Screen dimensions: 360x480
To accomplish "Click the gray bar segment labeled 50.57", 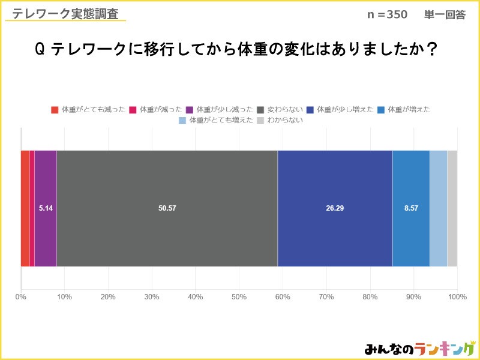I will [167, 208].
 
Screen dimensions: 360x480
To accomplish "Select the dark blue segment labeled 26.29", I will [335, 208].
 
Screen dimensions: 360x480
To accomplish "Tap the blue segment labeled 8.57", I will [411, 208].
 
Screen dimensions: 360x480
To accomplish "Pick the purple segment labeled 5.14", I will [46, 208].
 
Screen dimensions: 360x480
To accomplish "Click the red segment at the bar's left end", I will [25, 208].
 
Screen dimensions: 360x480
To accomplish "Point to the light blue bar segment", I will [438, 208].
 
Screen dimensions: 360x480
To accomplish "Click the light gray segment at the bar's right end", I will [452, 208].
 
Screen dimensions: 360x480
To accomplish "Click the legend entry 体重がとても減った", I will [88, 110].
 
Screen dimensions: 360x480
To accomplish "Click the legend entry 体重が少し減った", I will [219, 110].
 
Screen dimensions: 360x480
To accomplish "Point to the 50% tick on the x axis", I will [239, 296].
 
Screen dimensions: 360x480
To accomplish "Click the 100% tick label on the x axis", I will [457, 296].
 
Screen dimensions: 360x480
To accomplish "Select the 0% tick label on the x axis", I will [21, 296].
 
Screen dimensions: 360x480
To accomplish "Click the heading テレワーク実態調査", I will [65, 14].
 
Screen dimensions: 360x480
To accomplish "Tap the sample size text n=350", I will [387, 15].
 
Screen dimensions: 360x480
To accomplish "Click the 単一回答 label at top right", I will [445, 15].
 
